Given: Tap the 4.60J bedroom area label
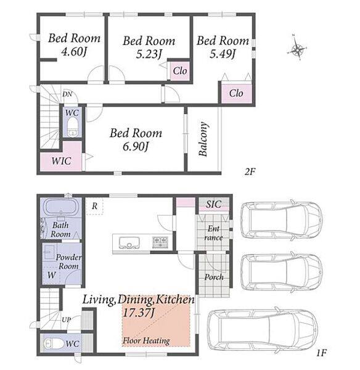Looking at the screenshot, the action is (73, 52).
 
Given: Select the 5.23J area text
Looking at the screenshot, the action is (149, 54).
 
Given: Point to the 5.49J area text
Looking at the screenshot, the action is (223, 54).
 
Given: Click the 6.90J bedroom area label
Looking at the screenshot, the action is (136, 147).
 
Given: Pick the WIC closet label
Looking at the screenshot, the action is (62, 161).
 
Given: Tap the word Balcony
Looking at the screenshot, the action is (203, 139).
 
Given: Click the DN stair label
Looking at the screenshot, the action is (67, 94).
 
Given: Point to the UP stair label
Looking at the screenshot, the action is (67, 319).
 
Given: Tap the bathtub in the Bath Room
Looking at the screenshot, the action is (61, 207).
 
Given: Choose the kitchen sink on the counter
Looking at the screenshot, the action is (129, 243).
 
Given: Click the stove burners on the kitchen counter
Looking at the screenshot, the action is (160, 242).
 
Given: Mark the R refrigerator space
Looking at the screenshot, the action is (94, 206).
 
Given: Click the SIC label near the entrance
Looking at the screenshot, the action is (214, 204).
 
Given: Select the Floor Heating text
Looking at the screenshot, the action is (146, 340).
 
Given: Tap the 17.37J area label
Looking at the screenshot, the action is (138, 313).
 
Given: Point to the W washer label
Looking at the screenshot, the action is (52, 275).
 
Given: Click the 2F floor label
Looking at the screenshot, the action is (250, 171).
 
